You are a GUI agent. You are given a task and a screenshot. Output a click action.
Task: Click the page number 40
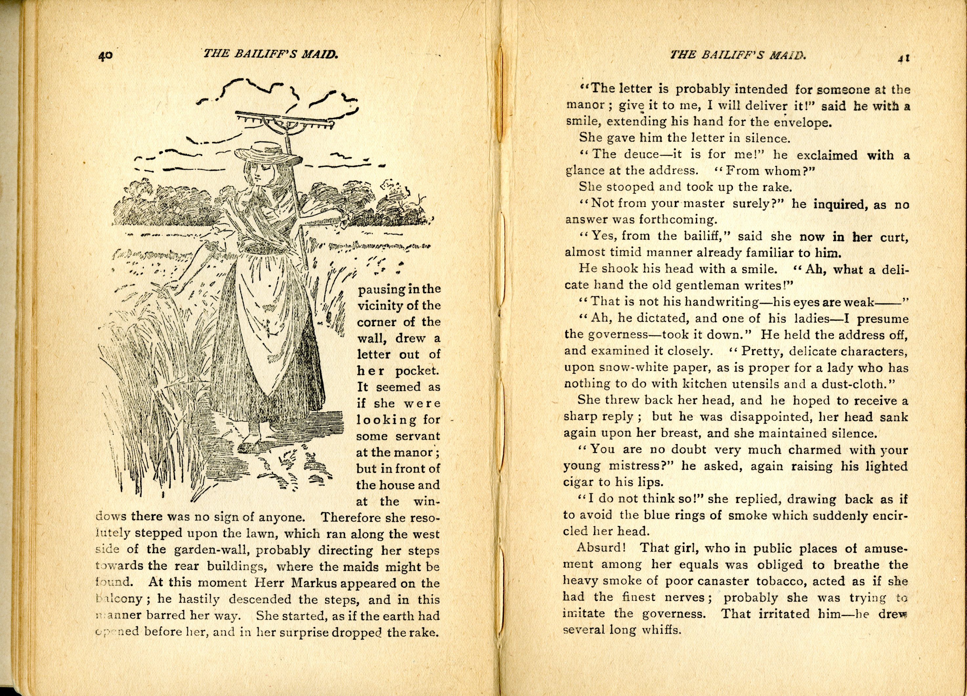105,55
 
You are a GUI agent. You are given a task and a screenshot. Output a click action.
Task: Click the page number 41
903,59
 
